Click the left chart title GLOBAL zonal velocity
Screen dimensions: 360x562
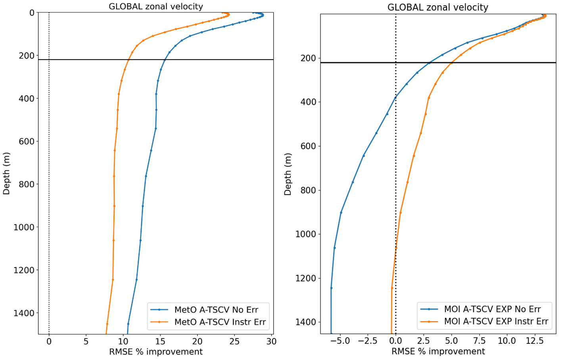click(x=156, y=6)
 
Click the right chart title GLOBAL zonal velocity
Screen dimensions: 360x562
click(x=437, y=7)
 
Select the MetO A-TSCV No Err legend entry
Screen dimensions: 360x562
click(x=216, y=310)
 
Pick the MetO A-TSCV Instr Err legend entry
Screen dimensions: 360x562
click(x=220, y=322)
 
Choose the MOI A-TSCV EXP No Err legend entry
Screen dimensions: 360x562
click(x=492, y=309)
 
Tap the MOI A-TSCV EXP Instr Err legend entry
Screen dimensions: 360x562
click(x=496, y=321)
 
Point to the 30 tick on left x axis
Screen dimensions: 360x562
click(x=271, y=341)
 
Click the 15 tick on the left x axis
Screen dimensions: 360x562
click(x=160, y=341)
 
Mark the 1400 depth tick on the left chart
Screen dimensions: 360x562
click(x=26, y=313)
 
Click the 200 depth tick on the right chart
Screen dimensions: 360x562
click(x=309, y=58)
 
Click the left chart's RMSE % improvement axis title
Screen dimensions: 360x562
click(x=156, y=352)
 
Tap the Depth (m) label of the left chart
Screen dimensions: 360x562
click(x=6, y=173)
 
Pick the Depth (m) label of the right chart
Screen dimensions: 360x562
click(x=288, y=174)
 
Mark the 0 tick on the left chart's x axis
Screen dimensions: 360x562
click(x=49, y=341)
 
